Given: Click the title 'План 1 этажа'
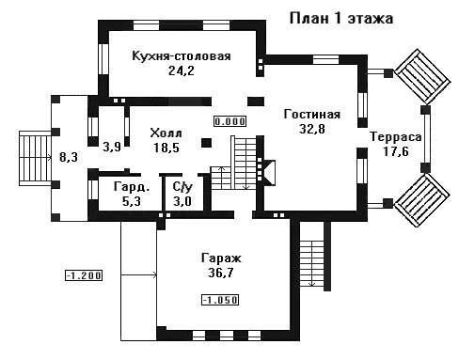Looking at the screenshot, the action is (x=341, y=19).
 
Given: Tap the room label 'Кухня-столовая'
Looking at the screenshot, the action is (x=182, y=56).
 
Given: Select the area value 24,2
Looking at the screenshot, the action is (x=182, y=70).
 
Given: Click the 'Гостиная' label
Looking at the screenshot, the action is (x=312, y=115).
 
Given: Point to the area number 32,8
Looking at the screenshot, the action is (x=312, y=129).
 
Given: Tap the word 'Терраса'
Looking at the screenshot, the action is (x=396, y=137).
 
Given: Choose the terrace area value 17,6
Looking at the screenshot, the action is (x=396, y=152).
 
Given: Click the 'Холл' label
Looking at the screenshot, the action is (x=166, y=133).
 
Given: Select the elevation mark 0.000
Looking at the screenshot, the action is (x=230, y=121).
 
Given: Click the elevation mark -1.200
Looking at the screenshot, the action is (x=84, y=275).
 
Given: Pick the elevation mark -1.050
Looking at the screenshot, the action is (x=220, y=300).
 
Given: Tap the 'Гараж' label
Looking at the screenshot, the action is (x=221, y=258).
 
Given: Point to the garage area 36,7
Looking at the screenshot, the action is (x=221, y=274).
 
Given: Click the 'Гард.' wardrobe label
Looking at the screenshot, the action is (x=132, y=187).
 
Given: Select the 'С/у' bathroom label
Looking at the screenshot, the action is (x=182, y=187).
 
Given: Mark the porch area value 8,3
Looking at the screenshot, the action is (x=69, y=157).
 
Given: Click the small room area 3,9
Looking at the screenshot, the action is (x=112, y=148).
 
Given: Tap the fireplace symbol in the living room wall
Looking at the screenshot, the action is (x=269, y=171).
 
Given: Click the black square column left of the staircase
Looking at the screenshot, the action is (x=207, y=143).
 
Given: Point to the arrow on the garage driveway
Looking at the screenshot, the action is (x=138, y=275).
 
